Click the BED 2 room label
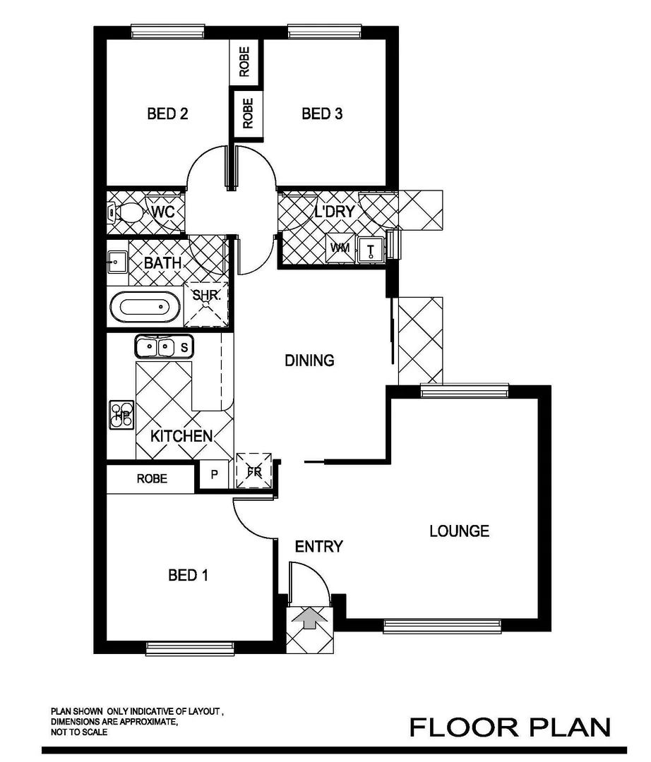point(167,114)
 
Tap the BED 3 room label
point(322,114)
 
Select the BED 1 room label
point(188,576)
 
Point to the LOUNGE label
point(459,531)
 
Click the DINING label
point(309,361)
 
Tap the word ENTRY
point(318,546)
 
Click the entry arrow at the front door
point(309,619)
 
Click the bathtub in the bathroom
point(145,308)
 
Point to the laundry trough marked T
point(370,248)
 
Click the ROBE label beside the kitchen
point(152,479)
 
